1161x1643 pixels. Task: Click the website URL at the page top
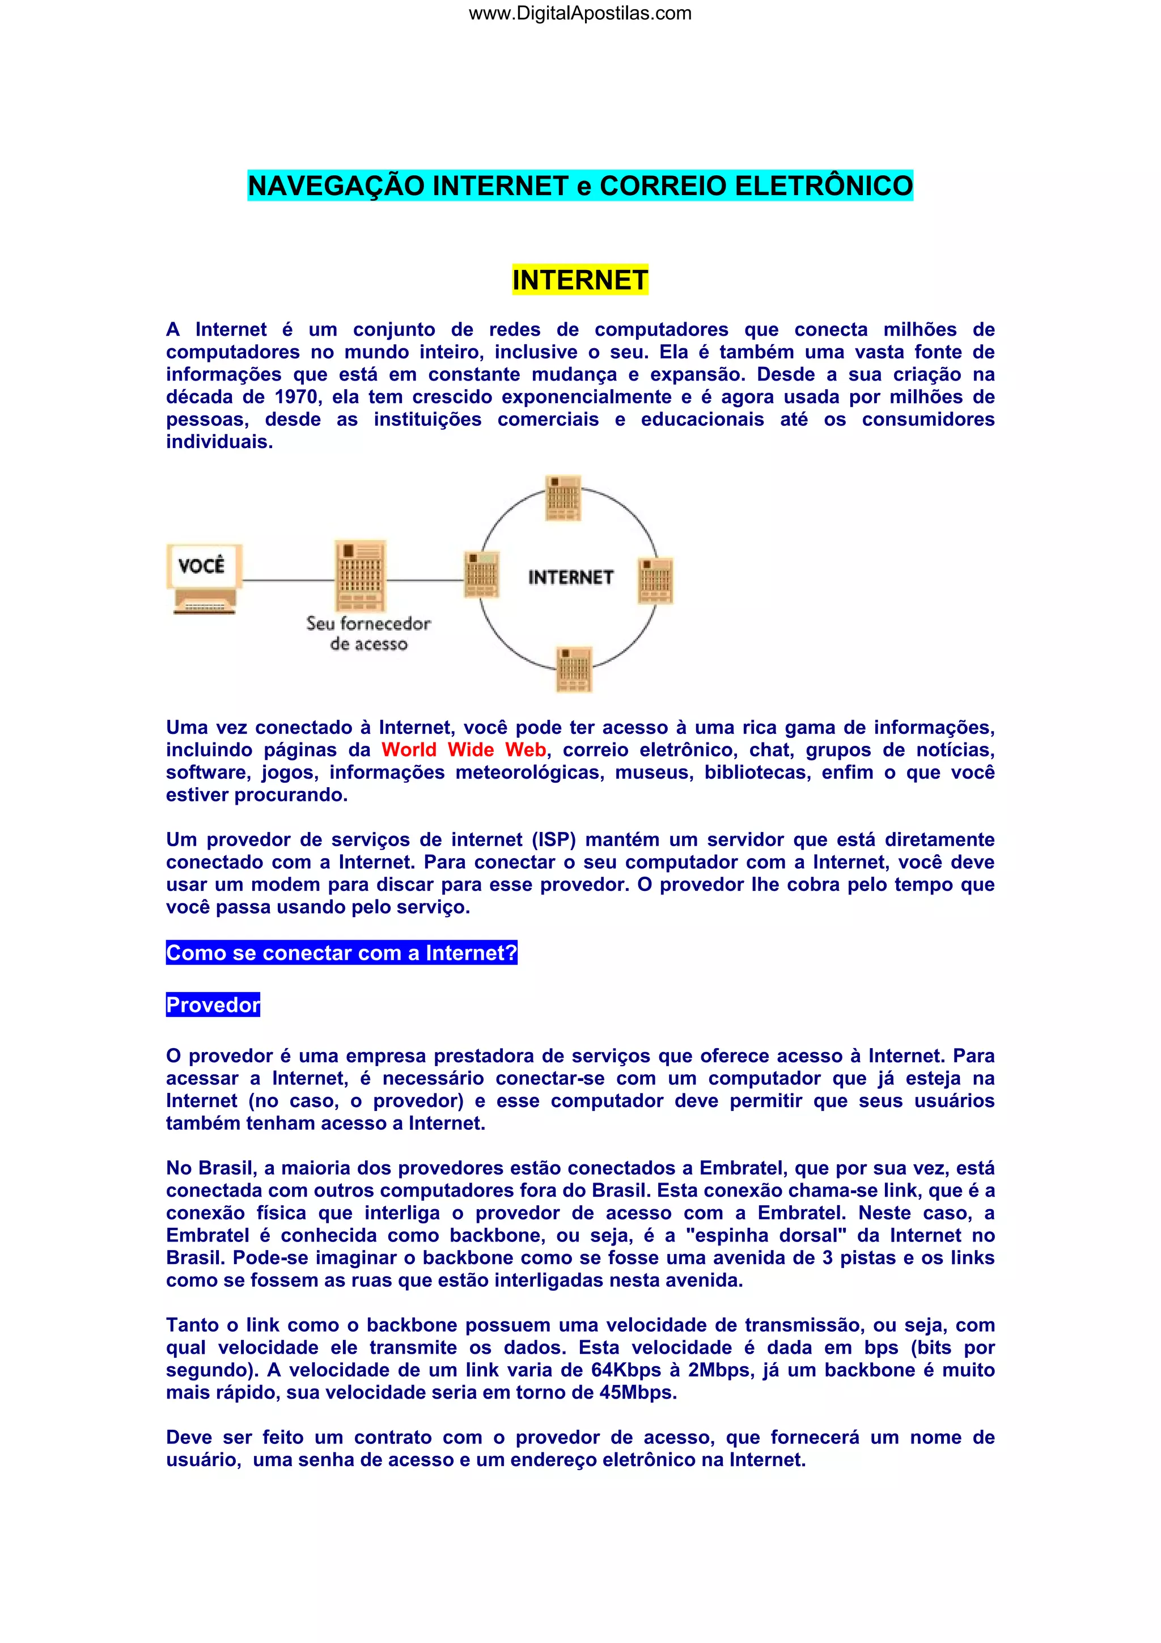pyautogui.click(x=579, y=14)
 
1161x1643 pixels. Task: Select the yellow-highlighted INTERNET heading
pyautogui.click(x=579, y=280)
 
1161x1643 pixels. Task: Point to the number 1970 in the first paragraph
pyautogui.click(x=296, y=396)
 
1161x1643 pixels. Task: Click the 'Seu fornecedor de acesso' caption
pyautogui.click(x=368, y=633)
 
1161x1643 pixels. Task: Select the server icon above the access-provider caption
pyautogui.click(x=361, y=575)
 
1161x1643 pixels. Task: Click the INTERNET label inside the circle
pyautogui.click(x=570, y=577)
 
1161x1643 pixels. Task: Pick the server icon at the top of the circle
pyautogui.click(x=563, y=497)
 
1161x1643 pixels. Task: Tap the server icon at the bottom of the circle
pyautogui.click(x=574, y=669)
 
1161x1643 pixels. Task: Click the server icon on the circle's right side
pyautogui.click(x=655, y=580)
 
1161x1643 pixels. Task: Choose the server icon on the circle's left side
pyautogui.click(x=481, y=574)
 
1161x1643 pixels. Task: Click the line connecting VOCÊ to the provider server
pyautogui.click(x=289, y=580)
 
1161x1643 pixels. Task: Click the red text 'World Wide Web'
pyautogui.click(x=464, y=750)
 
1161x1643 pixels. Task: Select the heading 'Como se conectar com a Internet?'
pyautogui.click(x=341, y=953)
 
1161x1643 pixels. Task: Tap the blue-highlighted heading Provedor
pyautogui.click(x=213, y=1005)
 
